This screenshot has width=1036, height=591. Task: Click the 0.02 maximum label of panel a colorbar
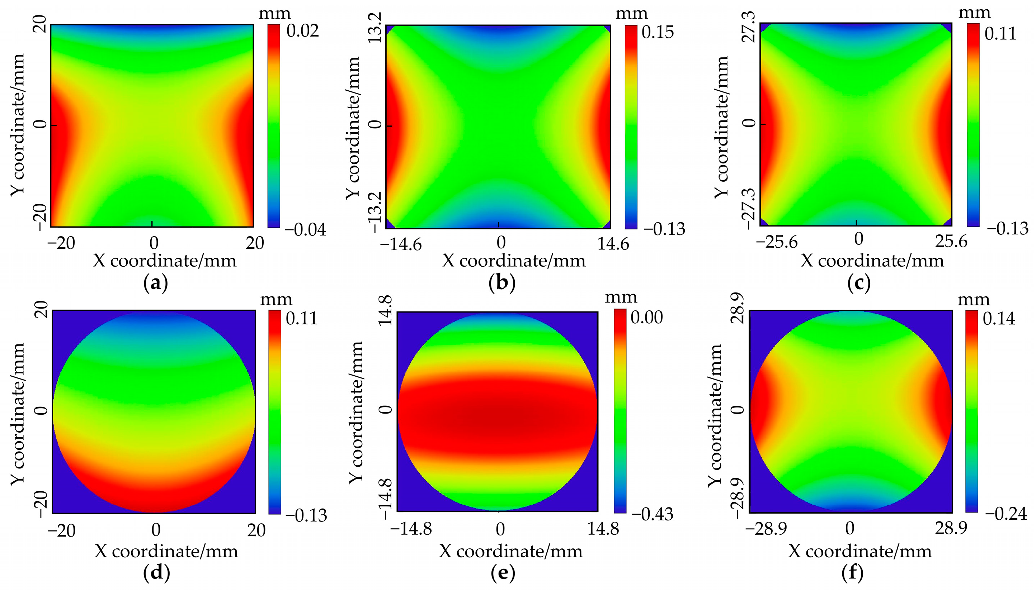click(303, 31)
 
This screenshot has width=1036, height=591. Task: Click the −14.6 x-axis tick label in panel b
click(401, 244)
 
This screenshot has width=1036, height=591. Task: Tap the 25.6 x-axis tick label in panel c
click(951, 242)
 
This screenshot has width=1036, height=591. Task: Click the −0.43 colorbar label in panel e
click(652, 515)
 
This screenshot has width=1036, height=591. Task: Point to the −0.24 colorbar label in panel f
click(1006, 514)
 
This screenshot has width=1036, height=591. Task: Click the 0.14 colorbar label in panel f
click(999, 319)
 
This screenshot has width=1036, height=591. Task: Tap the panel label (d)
click(156, 573)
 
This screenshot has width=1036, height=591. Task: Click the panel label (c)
click(859, 284)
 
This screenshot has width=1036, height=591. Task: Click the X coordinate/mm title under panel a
click(165, 261)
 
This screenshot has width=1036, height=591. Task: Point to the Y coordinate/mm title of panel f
click(716, 414)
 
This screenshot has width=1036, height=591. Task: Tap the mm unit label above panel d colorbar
click(276, 300)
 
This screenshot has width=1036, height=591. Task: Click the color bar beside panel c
click(973, 124)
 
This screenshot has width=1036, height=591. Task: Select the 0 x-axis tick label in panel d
click(156, 530)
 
